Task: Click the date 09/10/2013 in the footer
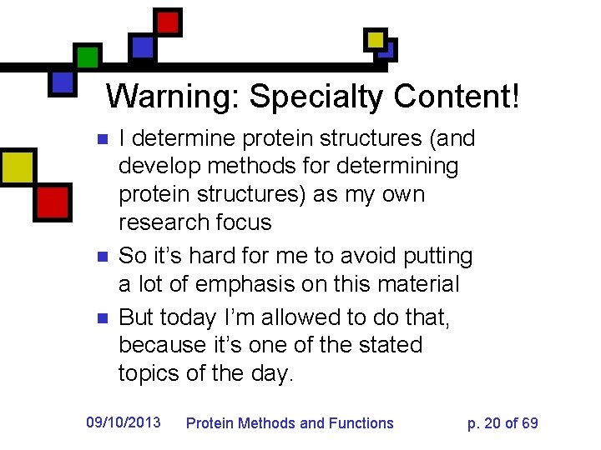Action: [x=124, y=422]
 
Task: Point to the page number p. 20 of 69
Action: [x=503, y=422]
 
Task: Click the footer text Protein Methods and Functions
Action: [x=289, y=422]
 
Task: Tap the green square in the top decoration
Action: [x=87, y=56]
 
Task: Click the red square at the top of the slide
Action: [x=169, y=22]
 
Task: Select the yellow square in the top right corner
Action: [x=376, y=39]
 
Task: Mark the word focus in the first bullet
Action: [x=244, y=222]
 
